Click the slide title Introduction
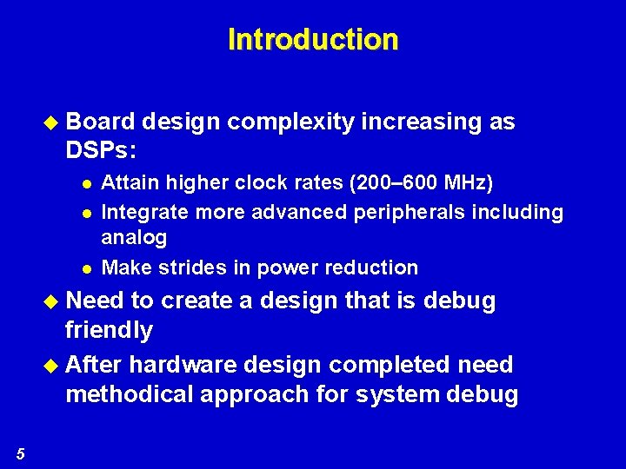tap(313, 40)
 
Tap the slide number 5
tap(21, 452)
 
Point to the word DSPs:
tap(101, 151)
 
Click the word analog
tap(134, 238)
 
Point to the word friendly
tap(110, 331)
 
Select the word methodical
tap(129, 394)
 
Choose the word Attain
tap(124, 183)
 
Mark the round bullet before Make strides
tap(85, 268)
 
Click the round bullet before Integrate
tap(85, 213)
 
